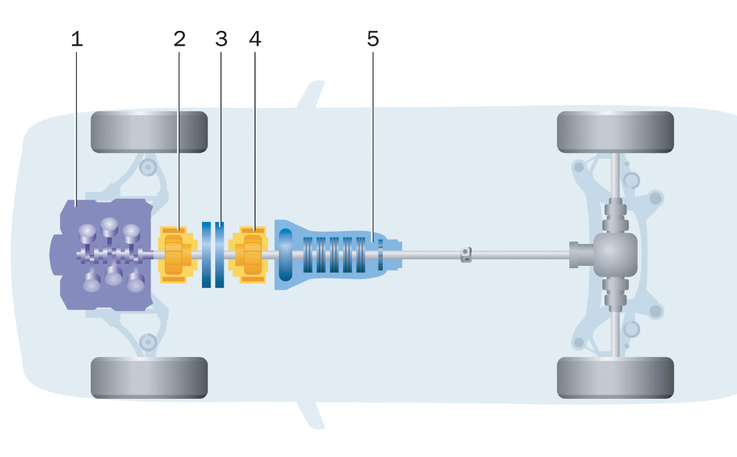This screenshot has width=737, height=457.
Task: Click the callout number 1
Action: (x=76, y=39)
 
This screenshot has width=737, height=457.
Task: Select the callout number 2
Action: (x=180, y=39)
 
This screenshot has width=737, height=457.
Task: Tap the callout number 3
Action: (x=221, y=39)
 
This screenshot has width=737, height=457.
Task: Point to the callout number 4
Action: (x=255, y=39)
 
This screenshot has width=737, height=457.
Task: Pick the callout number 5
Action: (x=372, y=39)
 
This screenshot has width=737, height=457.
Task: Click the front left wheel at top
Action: (x=149, y=132)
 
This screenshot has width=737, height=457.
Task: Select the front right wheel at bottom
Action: (x=149, y=377)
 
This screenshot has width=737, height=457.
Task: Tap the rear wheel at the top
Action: (x=615, y=132)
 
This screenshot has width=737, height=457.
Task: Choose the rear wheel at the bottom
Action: (x=615, y=377)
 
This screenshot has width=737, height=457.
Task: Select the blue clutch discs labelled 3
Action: (x=213, y=254)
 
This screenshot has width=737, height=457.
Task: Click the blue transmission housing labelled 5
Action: (x=331, y=254)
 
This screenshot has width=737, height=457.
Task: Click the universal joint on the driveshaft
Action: (x=466, y=254)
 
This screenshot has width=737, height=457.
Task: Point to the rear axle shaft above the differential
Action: (x=615, y=177)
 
